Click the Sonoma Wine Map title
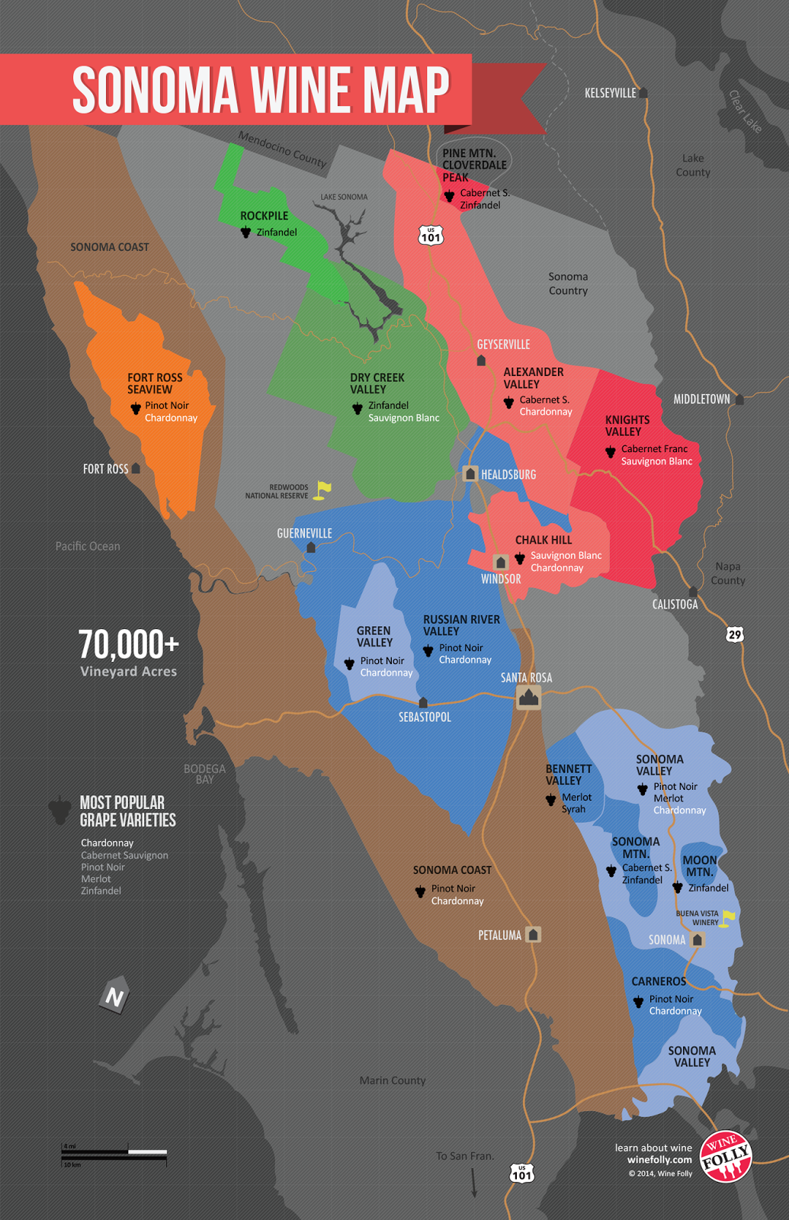point(261,90)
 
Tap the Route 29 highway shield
point(734,634)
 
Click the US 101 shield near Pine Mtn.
point(431,236)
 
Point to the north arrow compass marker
point(114,996)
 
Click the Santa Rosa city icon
point(528,697)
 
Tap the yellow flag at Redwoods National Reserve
point(324,489)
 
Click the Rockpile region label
point(264,216)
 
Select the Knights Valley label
point(627,425)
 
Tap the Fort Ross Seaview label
point(154,384)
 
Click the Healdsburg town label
point(508,474)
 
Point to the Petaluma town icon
point(534,934)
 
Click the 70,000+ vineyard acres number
point(128,645)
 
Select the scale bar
point(114,1153)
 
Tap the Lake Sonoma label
point(344,197)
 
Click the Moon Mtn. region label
point(699,866)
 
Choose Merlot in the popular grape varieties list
point(96,879)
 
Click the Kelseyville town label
point(610,93)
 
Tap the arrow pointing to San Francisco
point(473,1183)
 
